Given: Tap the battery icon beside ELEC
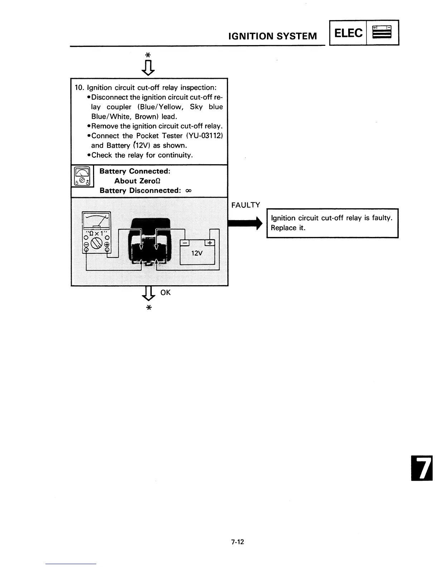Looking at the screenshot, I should click(382, 32).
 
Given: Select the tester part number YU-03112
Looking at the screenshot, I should click(206, 136).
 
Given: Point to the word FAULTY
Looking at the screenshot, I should click(245, 205).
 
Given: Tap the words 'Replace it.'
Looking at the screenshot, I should click(288, 228).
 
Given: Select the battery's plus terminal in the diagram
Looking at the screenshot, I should click(209, 243).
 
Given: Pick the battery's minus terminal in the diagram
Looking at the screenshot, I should click(185, 243).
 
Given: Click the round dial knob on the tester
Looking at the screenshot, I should click(97, 245).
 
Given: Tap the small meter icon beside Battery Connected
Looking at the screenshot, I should click(83, 176).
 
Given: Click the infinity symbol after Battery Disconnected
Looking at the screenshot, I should click(189, 191).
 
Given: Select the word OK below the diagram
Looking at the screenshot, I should click(166, 292).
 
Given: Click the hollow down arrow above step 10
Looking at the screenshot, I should click(149, 67).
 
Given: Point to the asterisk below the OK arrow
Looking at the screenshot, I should click(149, 308).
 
